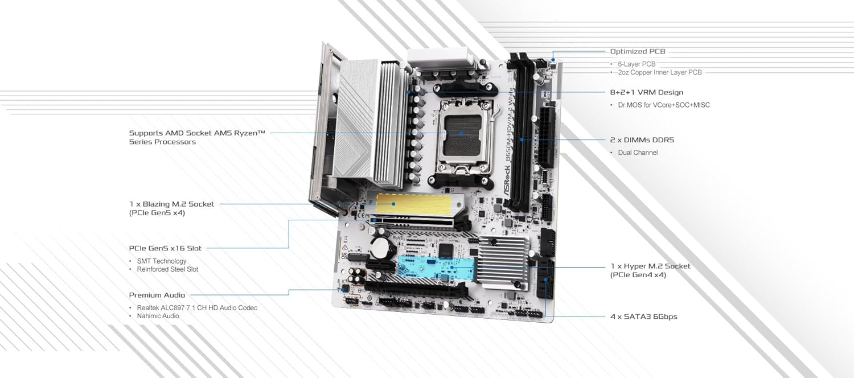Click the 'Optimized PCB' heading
(x=638, y=52)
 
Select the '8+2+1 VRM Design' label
(x=646, y=92)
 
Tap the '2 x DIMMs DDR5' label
(x=642, y=139)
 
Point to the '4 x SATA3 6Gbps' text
(x=643, y=317)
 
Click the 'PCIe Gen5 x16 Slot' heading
(x=165, y=248)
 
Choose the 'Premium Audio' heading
(x=157, y=295)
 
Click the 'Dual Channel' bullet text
(x=638, y=153)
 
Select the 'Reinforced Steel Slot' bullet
(x=167, y=269)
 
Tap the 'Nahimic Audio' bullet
(x=158, y=316)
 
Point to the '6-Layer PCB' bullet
(x=637, y=64)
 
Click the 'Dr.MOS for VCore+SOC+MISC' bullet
(x=664, y=105)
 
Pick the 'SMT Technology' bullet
(x=162, y=261)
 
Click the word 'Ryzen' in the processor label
(x=250, y=133)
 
